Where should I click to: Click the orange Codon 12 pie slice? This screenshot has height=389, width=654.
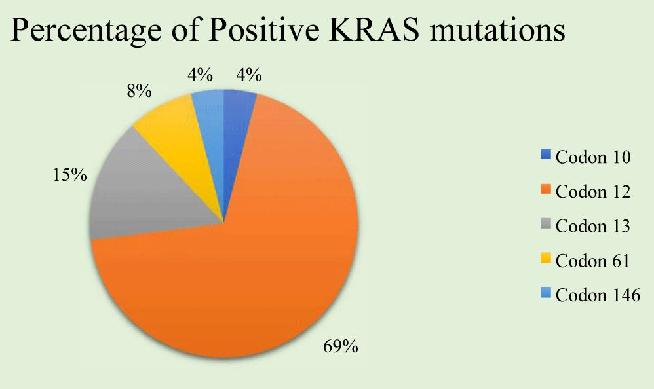259,267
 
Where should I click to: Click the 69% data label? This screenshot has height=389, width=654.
341,346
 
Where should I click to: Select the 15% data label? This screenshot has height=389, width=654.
69,175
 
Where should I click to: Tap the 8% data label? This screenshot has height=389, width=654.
140,91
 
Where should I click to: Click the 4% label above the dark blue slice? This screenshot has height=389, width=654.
249,75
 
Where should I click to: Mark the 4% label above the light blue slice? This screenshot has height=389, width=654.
201,75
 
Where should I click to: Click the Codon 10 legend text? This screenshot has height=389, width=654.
593,158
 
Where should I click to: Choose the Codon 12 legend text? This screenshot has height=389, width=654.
593,192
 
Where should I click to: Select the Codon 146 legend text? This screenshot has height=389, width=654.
598,295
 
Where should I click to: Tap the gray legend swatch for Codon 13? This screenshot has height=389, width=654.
546,224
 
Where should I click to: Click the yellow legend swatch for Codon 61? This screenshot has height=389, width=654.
546,259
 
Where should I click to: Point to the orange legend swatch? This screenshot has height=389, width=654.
546,190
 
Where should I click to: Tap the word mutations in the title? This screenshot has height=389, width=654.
497,30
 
